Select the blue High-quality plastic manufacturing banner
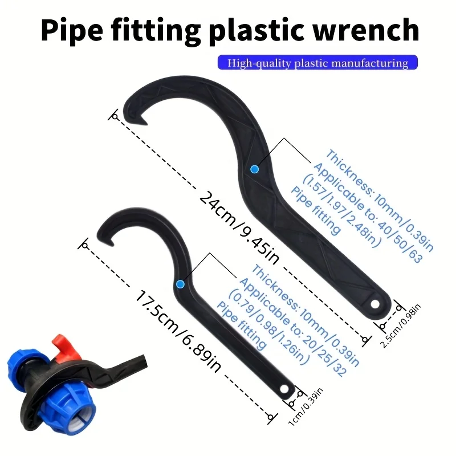317,63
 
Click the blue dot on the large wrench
254,169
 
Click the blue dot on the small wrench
180,284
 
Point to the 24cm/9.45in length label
239,227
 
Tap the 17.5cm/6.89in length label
178,332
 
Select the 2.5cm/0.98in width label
401,325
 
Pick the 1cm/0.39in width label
306,407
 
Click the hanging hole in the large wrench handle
375,304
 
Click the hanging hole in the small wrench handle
284,389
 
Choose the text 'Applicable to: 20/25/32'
293,327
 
